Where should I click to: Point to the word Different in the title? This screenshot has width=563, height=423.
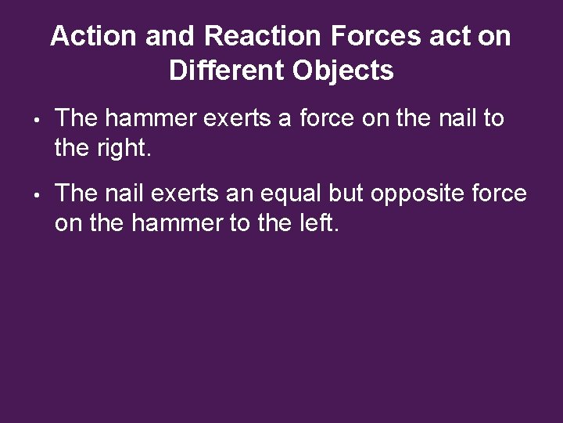coord(229,72)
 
